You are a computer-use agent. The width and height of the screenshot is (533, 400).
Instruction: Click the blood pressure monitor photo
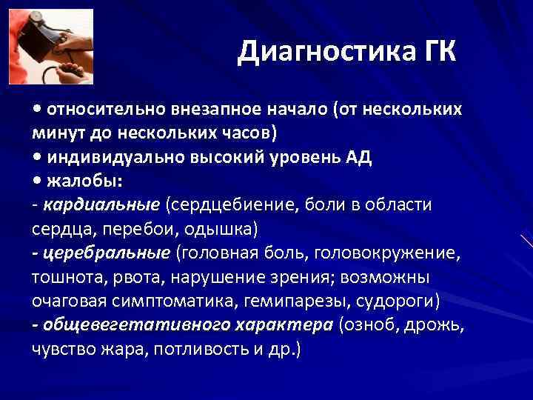tap(50, 46)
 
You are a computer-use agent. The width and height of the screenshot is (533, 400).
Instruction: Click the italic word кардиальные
tap(101, 204)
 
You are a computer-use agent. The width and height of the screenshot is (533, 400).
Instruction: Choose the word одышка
tap(220, 228)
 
